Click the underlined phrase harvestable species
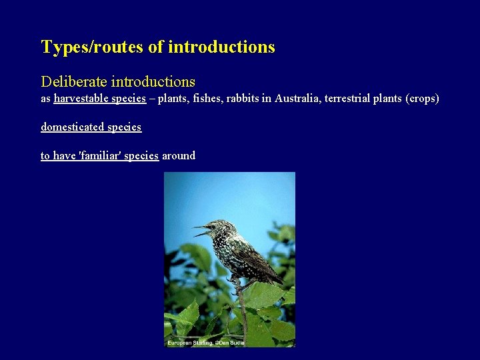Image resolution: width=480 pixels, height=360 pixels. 99,99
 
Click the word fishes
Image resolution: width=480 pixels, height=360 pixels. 205,99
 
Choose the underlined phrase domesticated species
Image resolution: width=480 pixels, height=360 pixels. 91,127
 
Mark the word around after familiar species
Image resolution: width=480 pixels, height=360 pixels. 179,155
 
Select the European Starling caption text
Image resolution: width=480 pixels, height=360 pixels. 191,343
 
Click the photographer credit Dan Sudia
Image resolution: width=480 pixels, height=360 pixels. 233,343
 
